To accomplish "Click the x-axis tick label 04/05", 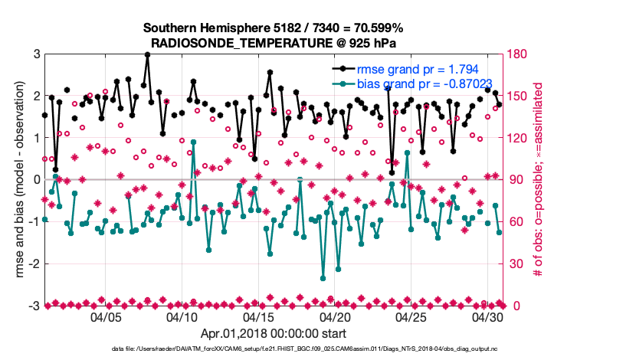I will [x=107, y=317].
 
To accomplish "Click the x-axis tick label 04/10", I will [x=182, y=317].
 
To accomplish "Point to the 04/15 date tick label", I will [x=258, y=317].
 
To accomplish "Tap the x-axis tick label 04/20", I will [x=335, y=317].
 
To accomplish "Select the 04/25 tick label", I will [x=411, y=317].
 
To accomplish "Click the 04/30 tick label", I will [x=487, y=317].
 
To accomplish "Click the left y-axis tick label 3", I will [x=36, y=54].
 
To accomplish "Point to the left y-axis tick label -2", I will [x=34, y=263].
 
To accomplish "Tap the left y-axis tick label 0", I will [x=36, y=179].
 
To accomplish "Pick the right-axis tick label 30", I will [x=516, y=263].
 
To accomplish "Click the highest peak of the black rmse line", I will [x=147, y=54].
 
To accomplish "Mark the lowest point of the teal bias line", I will [x=323, y=278].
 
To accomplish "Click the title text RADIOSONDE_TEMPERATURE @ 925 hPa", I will [x=274, y=42].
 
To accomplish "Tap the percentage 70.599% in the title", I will [x=379, y=28].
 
